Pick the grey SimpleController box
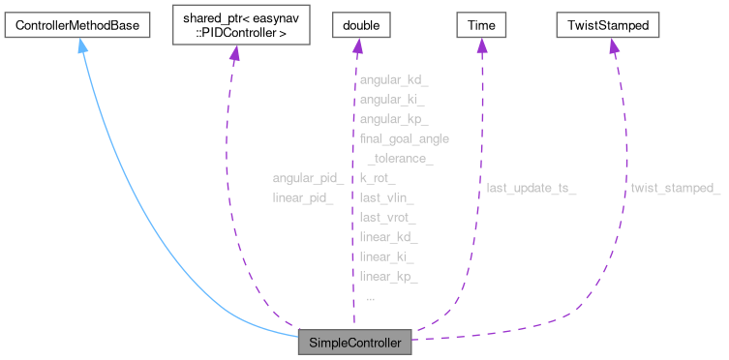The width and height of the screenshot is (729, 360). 355,342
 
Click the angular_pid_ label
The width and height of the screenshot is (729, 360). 308,178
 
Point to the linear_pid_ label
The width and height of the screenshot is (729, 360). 303,197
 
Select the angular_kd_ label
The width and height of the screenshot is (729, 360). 391,80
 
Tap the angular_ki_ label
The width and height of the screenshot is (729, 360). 390,100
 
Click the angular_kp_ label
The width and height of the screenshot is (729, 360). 391,119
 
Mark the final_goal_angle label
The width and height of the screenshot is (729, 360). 404,138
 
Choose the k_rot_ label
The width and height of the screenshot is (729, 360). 377,178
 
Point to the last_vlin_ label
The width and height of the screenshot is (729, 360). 386,197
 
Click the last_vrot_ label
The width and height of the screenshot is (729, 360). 387,218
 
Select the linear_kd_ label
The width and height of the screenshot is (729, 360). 387,237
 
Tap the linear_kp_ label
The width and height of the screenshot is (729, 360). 387,277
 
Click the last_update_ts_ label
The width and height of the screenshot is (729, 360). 532,188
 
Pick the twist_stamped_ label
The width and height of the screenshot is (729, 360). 675,188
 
